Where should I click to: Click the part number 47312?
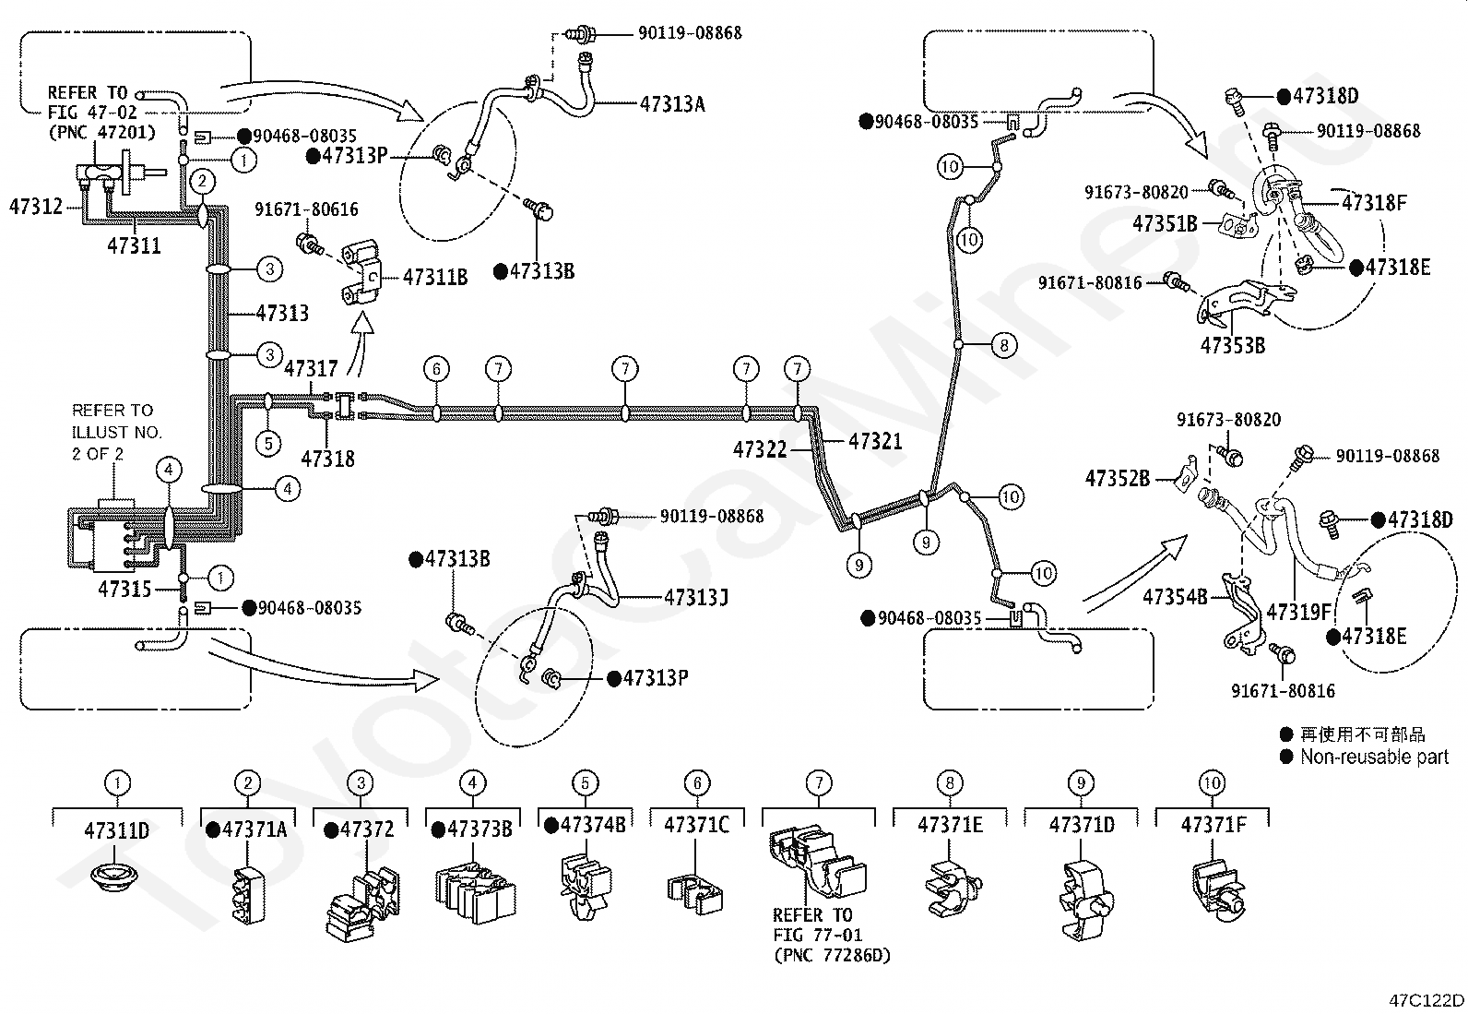pos(36,207)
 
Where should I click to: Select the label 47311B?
pos(435,278)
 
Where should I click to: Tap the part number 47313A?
pos(672,104)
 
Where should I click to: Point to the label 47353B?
pos(1233,346)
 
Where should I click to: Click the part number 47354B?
pos(1175,597)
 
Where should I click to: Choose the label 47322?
pos(760,450)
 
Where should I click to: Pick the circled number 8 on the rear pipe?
pos(1004,345)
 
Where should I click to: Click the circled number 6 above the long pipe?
pos(436,369)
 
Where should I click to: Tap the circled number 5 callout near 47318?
pos(268,444)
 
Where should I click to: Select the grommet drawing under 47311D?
pos(114,877)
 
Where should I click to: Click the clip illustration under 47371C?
pos(694,892)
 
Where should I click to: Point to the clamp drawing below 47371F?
pos(1218,890)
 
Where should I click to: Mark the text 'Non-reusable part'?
pos(1374,757)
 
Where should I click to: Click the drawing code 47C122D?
pos(1427,1000)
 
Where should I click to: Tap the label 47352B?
pos(1118,479)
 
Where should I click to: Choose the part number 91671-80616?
pos(307,209)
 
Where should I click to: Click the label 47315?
pos(124,589)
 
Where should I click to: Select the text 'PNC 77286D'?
pos(833,956)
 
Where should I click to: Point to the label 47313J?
pos(696,598)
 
